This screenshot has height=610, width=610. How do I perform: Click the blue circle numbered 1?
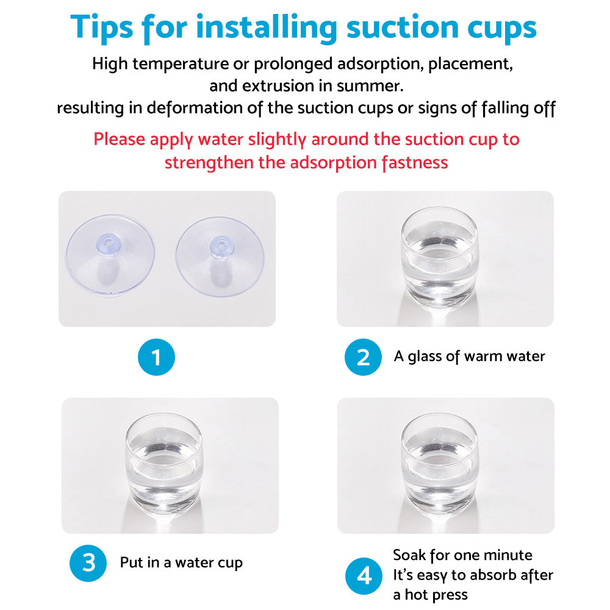tap(156, 357)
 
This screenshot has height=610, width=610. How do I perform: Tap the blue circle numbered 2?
tap(363, 357)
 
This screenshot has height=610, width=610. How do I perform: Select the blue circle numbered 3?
tap(88, 562)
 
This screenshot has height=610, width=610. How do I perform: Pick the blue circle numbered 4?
tap(364, 576)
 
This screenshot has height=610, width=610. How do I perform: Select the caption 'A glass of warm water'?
tap(469, 356)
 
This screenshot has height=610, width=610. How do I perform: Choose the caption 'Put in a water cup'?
tap(181, 562)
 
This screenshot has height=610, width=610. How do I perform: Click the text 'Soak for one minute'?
tap(462, 555)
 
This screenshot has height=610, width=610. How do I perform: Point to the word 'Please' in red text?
tap(120, 139)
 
